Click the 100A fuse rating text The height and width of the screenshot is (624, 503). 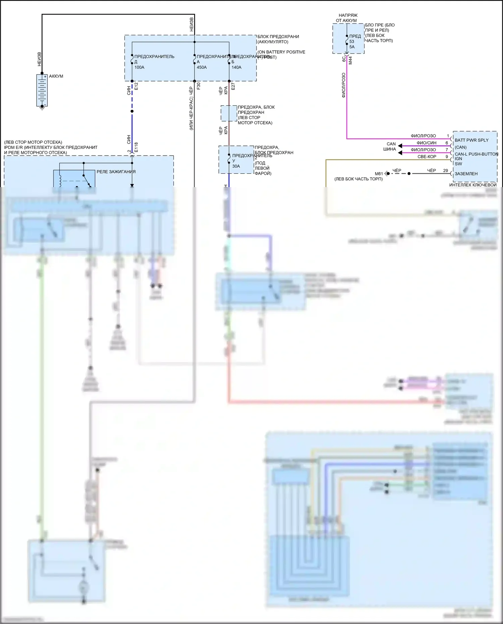[x=139, y=67]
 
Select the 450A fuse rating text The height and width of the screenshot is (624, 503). [x=202, y=67]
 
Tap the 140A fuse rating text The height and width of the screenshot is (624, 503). [x=236, y=67]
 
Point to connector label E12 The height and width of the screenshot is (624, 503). [x=136, y=86]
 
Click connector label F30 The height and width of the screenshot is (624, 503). [x=199, y=86]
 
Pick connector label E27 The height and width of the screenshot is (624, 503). [x=233, y=86]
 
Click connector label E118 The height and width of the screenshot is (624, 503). [x=136, y=148]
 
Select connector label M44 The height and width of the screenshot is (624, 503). [x=350, y=60]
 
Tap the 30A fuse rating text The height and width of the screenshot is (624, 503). [x=236, y=166]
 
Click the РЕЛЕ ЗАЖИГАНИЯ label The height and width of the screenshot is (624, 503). [x=116, y=172]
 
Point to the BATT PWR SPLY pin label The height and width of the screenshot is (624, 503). [x=471, y=140]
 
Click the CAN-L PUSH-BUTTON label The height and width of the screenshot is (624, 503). [x=476, y=154]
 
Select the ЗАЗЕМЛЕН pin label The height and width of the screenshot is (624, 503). [x=466, y=174]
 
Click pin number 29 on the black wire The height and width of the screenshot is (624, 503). [x=445, y=171]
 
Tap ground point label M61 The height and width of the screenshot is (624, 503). [x=379, y=174]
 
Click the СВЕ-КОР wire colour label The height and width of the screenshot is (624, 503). [x=427, y=157]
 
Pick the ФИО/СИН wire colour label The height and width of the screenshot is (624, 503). [x=427, y=143]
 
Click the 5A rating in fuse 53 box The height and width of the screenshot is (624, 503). [x=352, y=47]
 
